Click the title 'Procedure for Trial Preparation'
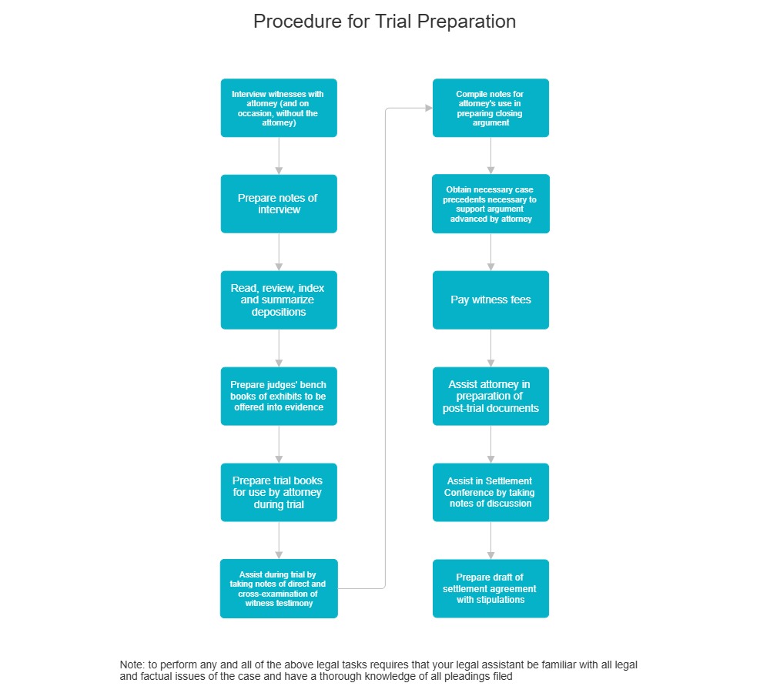tap(384, 22)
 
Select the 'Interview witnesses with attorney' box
tap(278, 108)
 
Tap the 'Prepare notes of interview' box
tap(278, 203)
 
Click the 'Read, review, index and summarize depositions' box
tap(278, 300)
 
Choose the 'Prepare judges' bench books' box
tap(278, 396)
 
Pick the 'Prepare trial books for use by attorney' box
tap(278, 492)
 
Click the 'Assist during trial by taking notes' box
tap(278, 588)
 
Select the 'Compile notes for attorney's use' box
tap(490, 108)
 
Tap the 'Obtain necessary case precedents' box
tap(490, 203)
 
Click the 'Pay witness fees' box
tap(490, 300)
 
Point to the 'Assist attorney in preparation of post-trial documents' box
tap(490, 396)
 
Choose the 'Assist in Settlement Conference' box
tap(490, 492)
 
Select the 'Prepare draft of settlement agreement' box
tap(490, 588)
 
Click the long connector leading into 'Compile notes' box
tap(384, 346)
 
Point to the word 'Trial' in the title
tap(393, 22)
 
